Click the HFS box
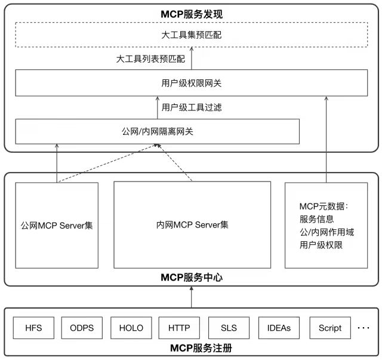point(34,328)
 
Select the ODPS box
point(82,328)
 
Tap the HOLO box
point(131,328)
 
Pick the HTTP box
point(179,328)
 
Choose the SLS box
point(229,328)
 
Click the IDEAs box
point(279,328)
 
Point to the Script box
point(329,328)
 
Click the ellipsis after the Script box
point(363,328)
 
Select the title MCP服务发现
point(191,13)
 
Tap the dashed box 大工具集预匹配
point(191,35)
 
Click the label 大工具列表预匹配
point(150,60)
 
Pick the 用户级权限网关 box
point(191,83)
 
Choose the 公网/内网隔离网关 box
point(157,131)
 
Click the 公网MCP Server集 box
point(57,226)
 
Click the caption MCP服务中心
point(191,277)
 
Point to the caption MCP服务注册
point(191,348)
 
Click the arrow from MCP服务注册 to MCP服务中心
point(191,297)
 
